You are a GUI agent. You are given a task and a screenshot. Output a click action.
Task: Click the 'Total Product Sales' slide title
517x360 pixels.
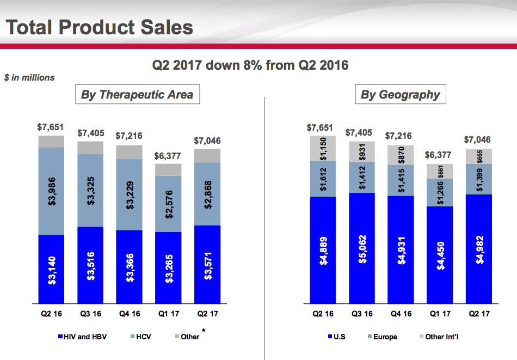click(x=100, y=27)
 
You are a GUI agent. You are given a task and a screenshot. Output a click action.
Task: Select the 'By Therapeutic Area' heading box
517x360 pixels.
click(x=137, y=95)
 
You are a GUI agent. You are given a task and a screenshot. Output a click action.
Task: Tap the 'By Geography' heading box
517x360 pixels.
click(x=400, y=95)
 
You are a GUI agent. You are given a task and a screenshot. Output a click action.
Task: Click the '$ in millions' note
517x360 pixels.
click(x=29, y=78)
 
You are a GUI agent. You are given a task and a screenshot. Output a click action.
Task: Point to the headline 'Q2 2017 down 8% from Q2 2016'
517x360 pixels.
click(x=250, y=65)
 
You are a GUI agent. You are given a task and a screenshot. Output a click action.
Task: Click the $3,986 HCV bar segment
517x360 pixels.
click(x=51, y=191)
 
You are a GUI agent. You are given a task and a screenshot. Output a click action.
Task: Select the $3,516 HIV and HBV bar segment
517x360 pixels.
click(x=90, y=265)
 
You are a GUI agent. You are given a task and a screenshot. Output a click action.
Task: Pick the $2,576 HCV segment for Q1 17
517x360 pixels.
click(x=168, y=203)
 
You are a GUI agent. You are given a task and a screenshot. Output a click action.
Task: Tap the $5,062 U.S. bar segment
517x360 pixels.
click(x=362, y=247)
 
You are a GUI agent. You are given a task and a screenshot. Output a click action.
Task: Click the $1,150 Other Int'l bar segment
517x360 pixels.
click(x=323, y=148)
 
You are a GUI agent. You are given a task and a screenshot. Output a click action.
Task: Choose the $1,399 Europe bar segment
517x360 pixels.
click(x=479, y=179)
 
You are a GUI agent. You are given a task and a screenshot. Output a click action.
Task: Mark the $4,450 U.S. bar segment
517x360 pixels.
click(x=440, y=254)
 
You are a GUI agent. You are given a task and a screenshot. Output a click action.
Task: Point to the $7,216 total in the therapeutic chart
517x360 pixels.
click(x=129, y=136)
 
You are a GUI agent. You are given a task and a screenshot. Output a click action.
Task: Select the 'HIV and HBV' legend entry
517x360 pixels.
click(x=82, y=337)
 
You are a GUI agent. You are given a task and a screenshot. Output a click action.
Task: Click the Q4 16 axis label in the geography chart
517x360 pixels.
click(x=401, y=314)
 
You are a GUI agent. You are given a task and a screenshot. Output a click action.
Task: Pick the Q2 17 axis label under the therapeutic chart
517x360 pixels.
click(x=207, y=314)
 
